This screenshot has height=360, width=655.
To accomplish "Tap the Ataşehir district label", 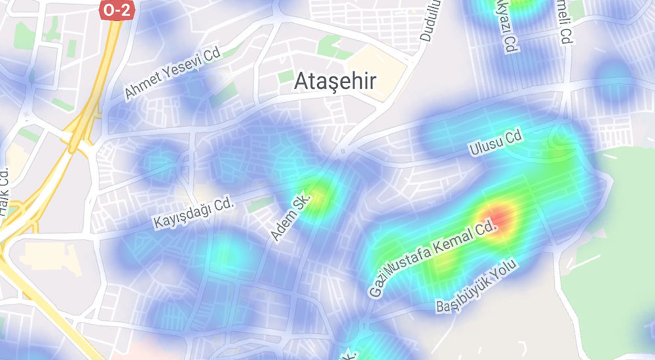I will tap(335, 81).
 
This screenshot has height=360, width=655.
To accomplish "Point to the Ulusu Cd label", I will tap(495, 143).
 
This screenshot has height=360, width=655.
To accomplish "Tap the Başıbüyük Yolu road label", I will tap(477, 287).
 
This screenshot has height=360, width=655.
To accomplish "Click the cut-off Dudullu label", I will tap(430, 20).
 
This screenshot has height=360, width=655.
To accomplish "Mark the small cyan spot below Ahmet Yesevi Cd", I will tap(158, 161).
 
